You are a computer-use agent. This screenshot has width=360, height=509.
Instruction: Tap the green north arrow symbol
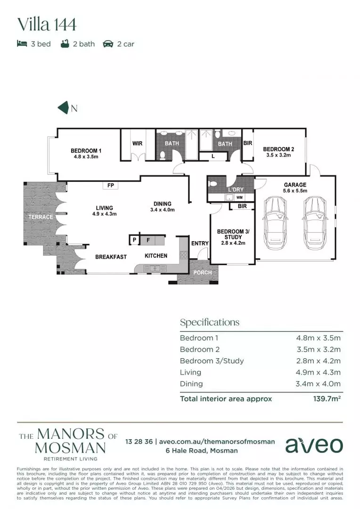tap(64, 108)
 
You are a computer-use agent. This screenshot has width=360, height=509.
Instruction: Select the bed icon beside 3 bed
tap(21, 44)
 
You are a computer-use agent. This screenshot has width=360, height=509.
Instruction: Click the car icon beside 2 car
tap(108, 44)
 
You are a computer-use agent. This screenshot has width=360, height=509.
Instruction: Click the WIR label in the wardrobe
tap(137, 144)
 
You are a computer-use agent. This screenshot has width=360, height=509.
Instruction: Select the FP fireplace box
tap(111, 186)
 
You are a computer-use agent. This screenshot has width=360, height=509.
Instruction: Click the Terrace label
tap(41, 217)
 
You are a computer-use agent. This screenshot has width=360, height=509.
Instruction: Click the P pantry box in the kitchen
tap(134, 240)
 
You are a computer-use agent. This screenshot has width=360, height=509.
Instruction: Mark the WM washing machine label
tap(239, 197)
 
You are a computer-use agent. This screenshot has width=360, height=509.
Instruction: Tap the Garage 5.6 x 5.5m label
tap(295, 188)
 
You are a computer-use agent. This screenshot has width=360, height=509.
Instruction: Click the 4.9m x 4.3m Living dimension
tap(318, 372)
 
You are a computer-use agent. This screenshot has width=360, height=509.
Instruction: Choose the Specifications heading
tap(210, 322)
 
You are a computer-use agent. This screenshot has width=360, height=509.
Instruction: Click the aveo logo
tap(314, 444)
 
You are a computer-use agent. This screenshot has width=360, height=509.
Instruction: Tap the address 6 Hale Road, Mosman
tap(201, 451)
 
